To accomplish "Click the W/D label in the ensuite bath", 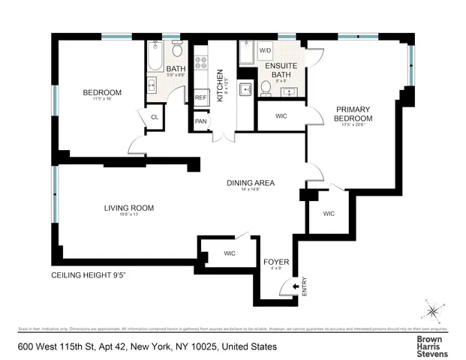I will pyautogui.click(x=266, y=50).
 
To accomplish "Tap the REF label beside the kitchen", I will pyautogui.click(x=200, y=97).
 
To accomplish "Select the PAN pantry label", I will pyautogui.click(x=200, y=121).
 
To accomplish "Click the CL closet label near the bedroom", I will pyautogui.click(x=155, y=117).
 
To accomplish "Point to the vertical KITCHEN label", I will pyautogui.click(x=220, y=85).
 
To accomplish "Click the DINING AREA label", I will pyautogui.click(x=251, y=183).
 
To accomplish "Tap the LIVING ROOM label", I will pyautogui.click(x=129, y=208).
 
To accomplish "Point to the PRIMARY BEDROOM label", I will pyautogui.click(x=354, y=114).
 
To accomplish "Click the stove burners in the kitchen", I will pyautogui.click(x=201, y=63).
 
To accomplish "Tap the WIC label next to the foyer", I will pyautogui.click(x=230, y=253).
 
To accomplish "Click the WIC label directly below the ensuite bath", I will pyautogui.click(x=281, y=115).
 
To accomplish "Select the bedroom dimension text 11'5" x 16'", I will pyautogui.click(x=102, y=100).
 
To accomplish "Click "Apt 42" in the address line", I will pyautogui.click(x=113, y=346).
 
